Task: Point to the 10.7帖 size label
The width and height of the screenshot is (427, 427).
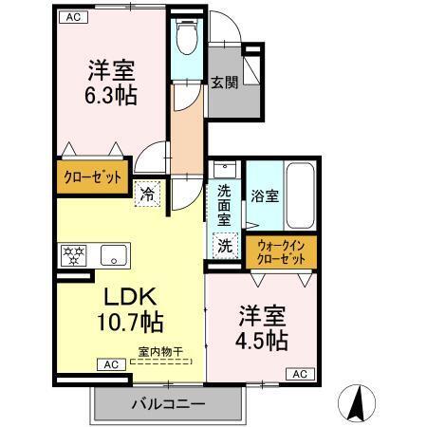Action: click(127, 322)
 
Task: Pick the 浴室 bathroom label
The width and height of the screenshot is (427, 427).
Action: click(265, 196)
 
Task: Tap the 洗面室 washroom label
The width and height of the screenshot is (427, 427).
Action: click(224, 205)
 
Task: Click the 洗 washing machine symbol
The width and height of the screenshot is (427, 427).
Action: click(225, 244)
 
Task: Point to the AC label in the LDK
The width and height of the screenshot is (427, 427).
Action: click(110, 364)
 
